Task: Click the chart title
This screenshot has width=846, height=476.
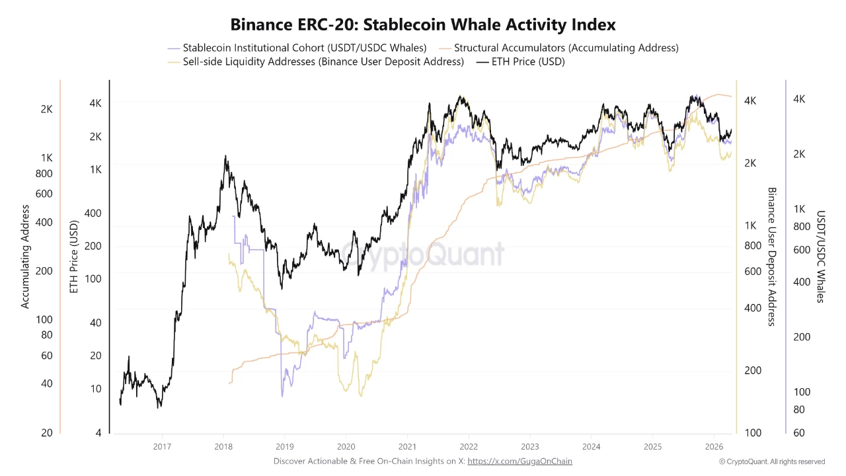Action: [x=423, y=24]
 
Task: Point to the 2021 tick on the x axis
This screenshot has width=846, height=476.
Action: [x=407, y=446]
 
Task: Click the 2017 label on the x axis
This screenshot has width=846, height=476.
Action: [x=162, y=446]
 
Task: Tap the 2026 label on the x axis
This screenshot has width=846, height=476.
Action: [x=714, y=446]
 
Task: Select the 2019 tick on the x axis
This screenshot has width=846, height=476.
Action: [x=284, y=446]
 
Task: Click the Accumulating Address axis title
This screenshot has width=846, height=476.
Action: [x=26, y=257]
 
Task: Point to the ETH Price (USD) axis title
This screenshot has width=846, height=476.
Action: [x=74, y=257]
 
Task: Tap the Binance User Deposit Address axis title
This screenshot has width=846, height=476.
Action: [x=771, y=257]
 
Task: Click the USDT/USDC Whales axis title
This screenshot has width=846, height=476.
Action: [x=820, y=257]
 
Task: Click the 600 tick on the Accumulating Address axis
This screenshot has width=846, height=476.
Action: [x=44, y=194]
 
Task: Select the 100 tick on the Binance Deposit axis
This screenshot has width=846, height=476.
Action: [x=753, y=433]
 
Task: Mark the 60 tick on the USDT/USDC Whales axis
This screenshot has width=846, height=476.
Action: [x=798, y=433]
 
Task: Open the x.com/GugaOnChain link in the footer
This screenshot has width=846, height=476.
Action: [x=519, y=461]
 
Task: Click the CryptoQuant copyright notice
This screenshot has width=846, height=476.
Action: [x=772, y=461]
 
